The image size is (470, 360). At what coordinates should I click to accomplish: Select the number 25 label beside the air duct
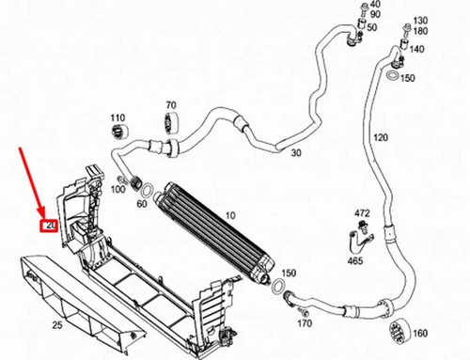point(57,325)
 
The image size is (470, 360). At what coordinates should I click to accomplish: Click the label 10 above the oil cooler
point(230,215)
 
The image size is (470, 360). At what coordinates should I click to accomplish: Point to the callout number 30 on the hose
point(296,153)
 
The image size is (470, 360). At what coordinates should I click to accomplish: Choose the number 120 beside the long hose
point(381,137)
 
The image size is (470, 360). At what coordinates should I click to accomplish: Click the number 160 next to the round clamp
point(420,333)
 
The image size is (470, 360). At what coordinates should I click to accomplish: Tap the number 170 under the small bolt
point(305,323)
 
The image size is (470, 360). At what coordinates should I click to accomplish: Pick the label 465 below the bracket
point(355,260)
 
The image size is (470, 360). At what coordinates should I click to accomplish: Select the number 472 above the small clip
point(362,213)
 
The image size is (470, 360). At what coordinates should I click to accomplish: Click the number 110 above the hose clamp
point(117,117)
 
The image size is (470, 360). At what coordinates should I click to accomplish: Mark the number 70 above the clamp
point(171,104)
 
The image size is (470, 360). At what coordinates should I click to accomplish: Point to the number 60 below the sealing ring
point(142,204)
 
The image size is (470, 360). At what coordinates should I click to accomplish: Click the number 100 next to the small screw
point(117,189)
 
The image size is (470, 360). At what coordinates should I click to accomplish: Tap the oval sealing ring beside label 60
point(148,190)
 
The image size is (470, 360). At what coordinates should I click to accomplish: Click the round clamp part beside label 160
point(398,332)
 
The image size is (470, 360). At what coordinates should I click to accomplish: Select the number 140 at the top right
point(416,49)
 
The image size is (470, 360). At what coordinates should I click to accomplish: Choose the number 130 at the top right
point(420,21)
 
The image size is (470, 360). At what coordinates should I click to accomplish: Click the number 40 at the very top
point(375,4)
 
